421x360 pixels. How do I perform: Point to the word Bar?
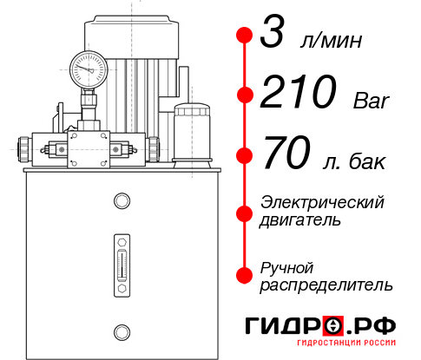click(x=372, y=100)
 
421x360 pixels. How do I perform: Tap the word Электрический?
click(x=322, y=202)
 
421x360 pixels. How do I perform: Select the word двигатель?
click(x=300, y=220)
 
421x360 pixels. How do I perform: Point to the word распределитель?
click(x=326, y=285)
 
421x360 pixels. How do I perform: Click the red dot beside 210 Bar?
click(x=244, y=94)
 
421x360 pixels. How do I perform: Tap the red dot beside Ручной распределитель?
click(x=244, y=275)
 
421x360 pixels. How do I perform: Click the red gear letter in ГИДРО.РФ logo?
click(x=334, y=326)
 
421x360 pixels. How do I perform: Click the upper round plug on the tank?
click(x=121, y=201)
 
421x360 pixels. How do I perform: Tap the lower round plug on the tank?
click(x=121, y=331)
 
